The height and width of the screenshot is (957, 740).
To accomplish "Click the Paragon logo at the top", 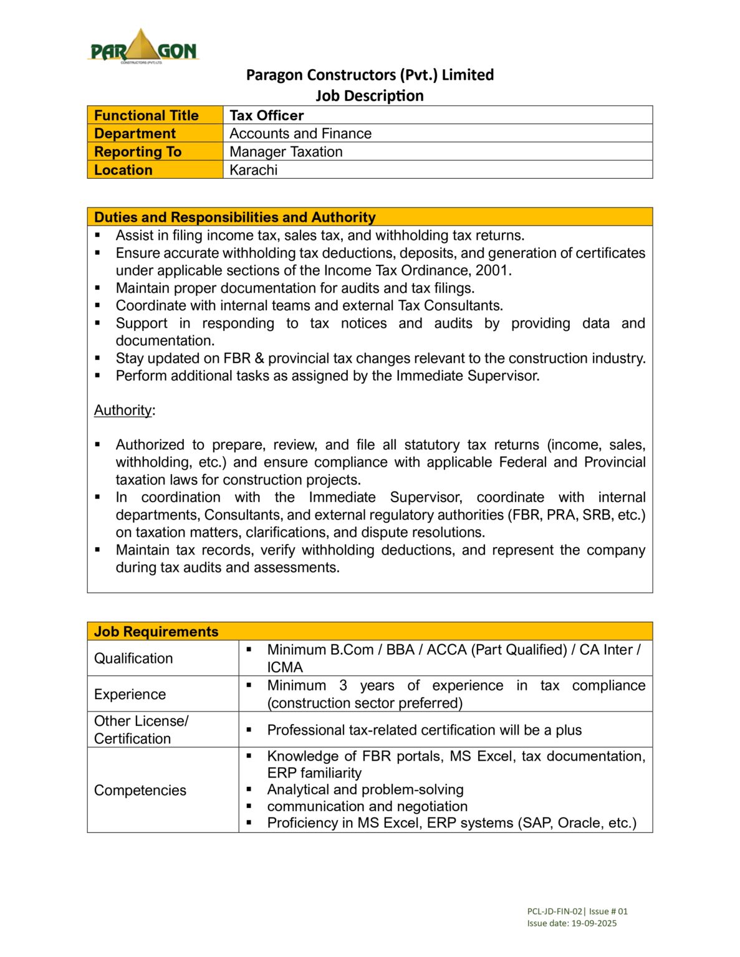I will pos(143,47).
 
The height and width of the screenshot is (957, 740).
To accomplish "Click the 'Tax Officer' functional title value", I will pos(266,115).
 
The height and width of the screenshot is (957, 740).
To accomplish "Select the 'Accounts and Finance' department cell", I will pos(300,133).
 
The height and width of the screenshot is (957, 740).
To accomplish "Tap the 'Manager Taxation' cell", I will pos(286,151).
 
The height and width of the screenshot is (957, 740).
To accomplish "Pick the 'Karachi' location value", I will pos(253,170).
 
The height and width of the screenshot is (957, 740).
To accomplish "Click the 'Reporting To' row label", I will pos(138,151).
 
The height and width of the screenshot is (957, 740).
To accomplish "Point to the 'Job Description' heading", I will pos(369,95).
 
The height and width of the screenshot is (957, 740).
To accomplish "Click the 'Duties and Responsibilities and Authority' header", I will pos(234,217).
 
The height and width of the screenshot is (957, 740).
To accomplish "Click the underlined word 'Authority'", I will pos(123,410).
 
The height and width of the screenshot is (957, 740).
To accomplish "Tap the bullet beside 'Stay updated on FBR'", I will pos(98,358).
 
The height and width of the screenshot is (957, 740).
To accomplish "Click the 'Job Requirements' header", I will pos(156,631).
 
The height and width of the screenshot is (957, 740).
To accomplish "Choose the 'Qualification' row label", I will pos(133,658).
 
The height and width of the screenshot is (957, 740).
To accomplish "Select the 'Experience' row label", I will pos(130,694).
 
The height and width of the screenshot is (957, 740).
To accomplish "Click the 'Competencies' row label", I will pos(140,790).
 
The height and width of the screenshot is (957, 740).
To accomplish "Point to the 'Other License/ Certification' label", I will pos(141,730).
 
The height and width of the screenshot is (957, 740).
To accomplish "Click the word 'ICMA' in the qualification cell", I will pos(285,667).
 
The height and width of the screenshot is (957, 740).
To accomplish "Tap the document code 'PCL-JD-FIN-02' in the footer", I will pos(554,911).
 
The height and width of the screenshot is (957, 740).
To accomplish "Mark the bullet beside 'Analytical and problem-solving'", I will pos(249,789).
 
